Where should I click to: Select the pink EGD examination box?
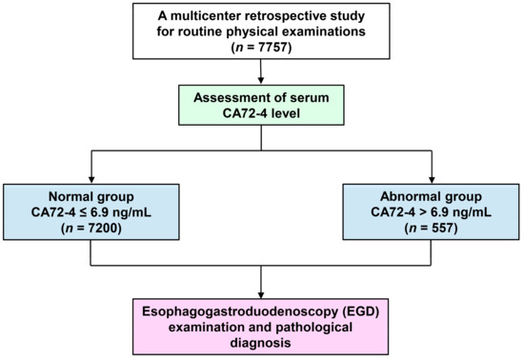tap(260, 323)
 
